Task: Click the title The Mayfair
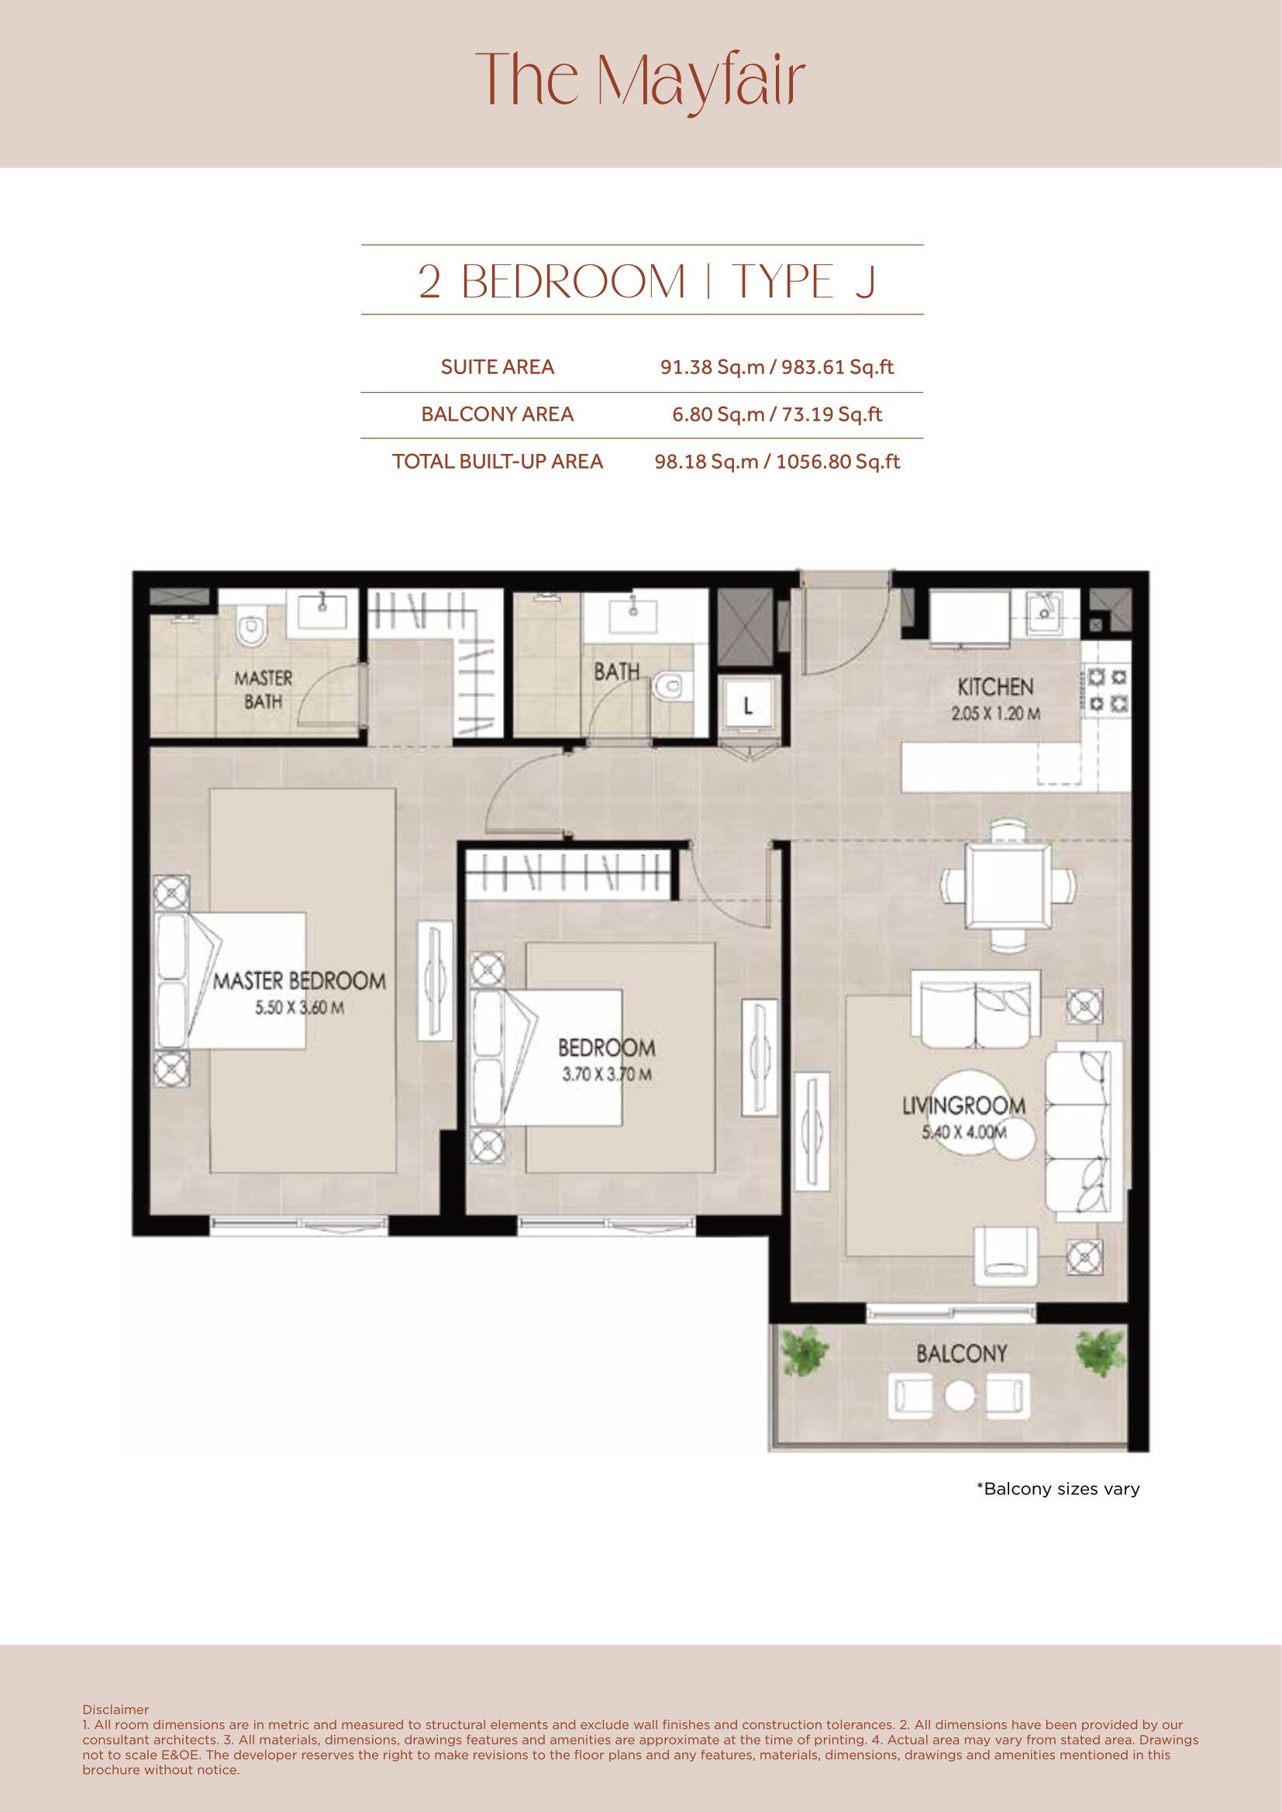pyautogui.click(x=640, y=82)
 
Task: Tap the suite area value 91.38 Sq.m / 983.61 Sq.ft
pyautogui.click(x=777, y=367)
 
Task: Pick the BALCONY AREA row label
pyautogui.click(x=498, y=414)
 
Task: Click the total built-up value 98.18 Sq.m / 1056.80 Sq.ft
pyautogui.click(x=777, y=462)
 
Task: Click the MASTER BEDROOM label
pyautogui.click(x=300, y=981)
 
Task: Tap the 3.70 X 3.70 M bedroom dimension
pyautogui.click(x=607, y=1074)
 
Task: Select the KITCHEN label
pyautogui.click(x=995, y=686)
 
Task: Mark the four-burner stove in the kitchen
pyautogui.click(x=1107, y=689)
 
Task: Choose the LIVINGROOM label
pyautogui.click(x=964, y=1105)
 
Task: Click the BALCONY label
pyautogui.click(x=961, y=1354)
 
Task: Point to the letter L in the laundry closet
pyautogui.click(x=747, y=707)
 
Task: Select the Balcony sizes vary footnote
pyautogui.click(x=1058, y=1489)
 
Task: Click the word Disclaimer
pyautogui.click(x=115, y=1710)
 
